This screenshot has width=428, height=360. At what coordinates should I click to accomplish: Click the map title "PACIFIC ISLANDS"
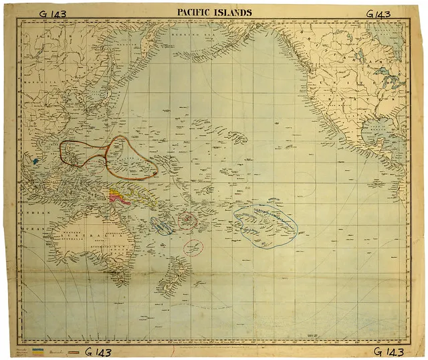pos(214,12)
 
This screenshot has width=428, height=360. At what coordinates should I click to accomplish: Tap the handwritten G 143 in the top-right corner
pos(383,13)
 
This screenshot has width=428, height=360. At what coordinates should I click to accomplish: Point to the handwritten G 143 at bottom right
pos(390,352)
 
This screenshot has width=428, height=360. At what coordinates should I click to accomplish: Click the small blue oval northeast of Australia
pos(162,226)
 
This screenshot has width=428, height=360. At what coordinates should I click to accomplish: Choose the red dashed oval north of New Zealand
pos(193,247)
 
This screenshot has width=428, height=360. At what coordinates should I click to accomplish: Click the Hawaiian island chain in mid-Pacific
pos(251,137)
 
